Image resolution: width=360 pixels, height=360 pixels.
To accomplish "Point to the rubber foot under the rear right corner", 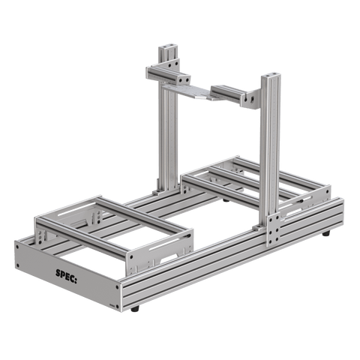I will (328, 235).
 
